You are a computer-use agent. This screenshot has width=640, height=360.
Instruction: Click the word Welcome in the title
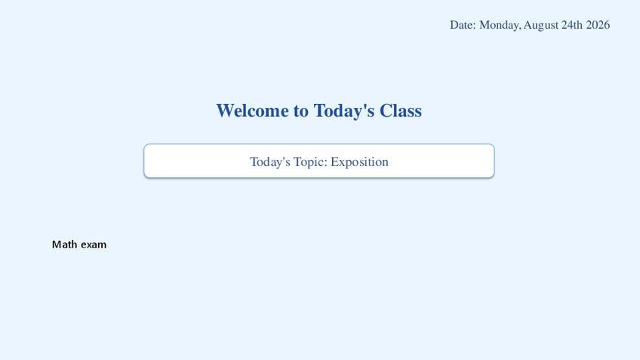tap(252, 111)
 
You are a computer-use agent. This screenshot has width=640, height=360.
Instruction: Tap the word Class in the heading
tap(401, 111)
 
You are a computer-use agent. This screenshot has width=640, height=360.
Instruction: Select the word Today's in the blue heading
tap(343, 112)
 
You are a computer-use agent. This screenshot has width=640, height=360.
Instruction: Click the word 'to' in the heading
tap(301, 112)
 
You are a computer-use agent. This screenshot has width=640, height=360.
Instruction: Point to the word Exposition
tap(359, 162)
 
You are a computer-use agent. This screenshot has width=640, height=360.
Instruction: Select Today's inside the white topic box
tap(270, 162)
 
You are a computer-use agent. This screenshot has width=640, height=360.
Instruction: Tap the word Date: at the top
tap(463, 25)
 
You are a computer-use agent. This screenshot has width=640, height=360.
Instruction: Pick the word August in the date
tap(541, 26)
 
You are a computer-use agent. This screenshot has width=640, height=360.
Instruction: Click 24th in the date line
tap(572, 25)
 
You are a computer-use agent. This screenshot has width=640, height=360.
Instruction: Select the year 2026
tap(598, 25)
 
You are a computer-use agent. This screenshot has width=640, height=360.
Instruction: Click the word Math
tap(64, 245)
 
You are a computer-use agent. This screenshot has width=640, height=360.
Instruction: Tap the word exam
tap(94, 245)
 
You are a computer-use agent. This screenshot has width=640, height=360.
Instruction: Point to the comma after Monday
tap(519, 29)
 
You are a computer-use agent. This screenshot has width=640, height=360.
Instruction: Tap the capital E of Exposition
tap(334, 162)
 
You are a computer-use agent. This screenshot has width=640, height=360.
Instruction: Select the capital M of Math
tap(56, 245)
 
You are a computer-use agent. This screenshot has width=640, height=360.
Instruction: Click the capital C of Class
tap(385, 111)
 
